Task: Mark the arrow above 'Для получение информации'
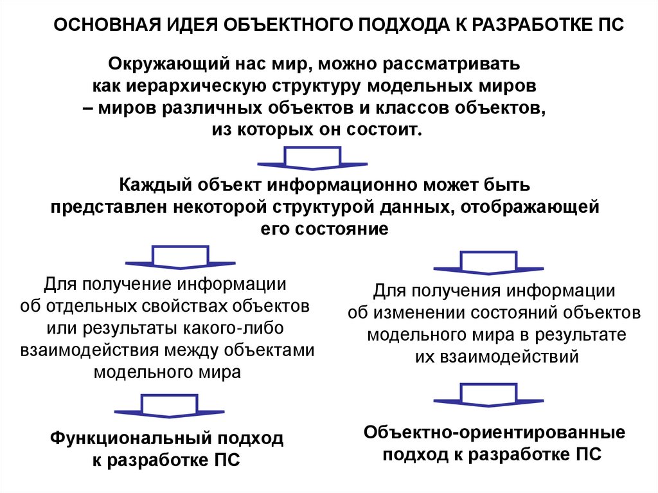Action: [180, 257]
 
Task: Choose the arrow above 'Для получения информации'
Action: [488, 262]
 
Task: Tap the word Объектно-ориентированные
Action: [494, 433]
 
